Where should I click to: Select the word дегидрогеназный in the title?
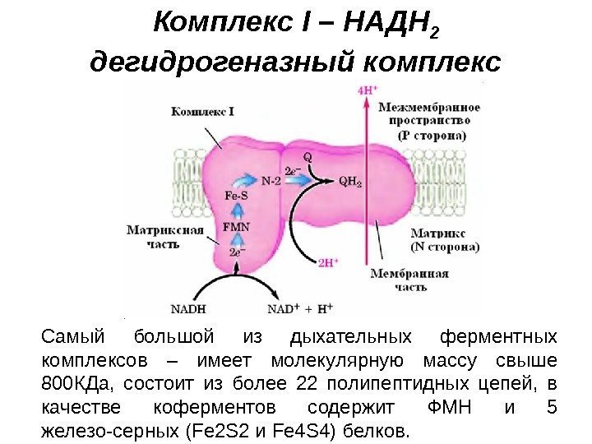pyautogui.click(x=220, y=62)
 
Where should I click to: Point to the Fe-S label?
pyautogui.click(x=236, y=197)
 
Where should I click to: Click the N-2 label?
pyautogui.click(x=272, y=180)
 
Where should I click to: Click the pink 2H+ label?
pyautogui.click(x=328, y=264)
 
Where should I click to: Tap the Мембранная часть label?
pyautogui.click(x=409, y=280)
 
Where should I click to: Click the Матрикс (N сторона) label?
pyautogui.click(x=444, y=239)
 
